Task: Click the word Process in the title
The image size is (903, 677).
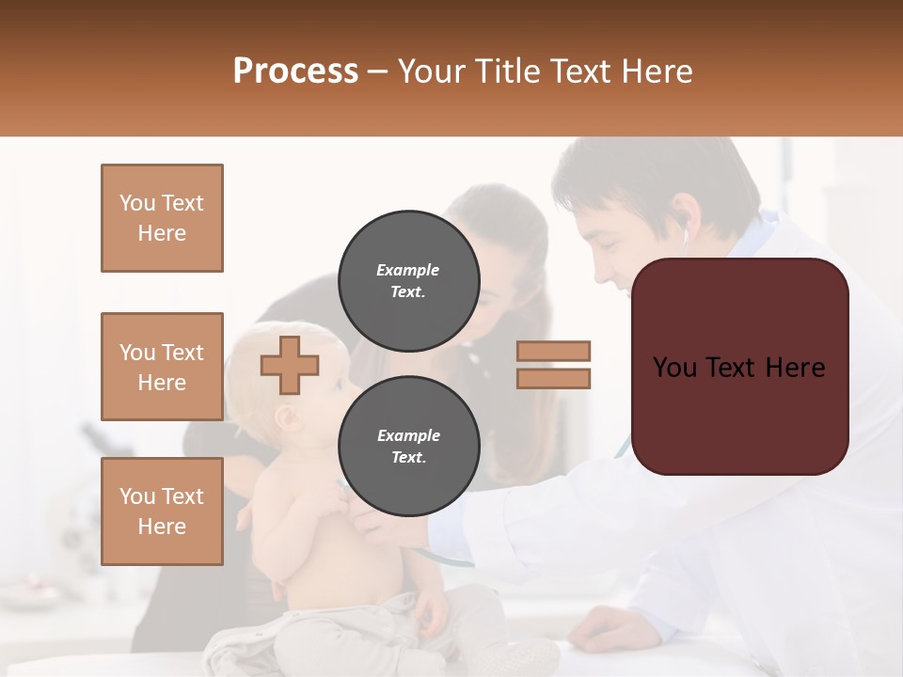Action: click(x=295, y=71)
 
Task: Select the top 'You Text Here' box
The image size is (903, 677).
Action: click(x=162, y=218)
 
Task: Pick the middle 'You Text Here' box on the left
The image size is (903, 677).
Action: click(x=162, y=367)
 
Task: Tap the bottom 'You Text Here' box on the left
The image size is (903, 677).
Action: click(x=162, y=512)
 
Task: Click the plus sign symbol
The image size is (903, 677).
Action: click(x=290, y=365)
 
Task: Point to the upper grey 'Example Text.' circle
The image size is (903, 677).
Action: click(x=408, y=281)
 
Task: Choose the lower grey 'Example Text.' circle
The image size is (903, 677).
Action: click(x=408, y=447)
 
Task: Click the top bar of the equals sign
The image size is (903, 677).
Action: click(x=554, y=351)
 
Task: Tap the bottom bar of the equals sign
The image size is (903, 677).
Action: click(x=554, y=378)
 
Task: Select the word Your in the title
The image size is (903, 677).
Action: click(x=432, y=71)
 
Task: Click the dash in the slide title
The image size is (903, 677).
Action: click(x=378, y=71)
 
